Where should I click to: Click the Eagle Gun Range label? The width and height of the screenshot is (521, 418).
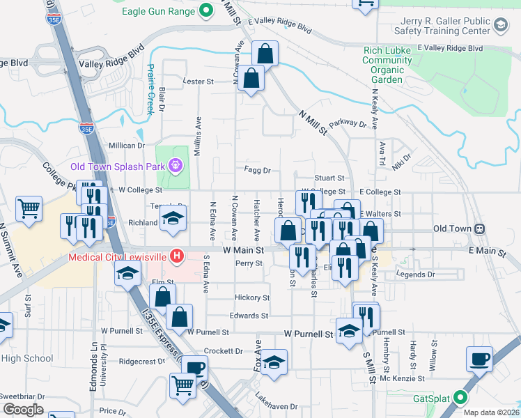point(159,11)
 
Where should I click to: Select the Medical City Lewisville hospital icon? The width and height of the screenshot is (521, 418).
point(177,256)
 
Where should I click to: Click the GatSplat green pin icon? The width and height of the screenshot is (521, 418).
point(460,398)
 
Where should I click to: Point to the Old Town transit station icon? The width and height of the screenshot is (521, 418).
point(479,229)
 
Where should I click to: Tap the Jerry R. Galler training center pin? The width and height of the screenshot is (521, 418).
point(499,25)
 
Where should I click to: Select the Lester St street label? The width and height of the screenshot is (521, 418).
point(197,82)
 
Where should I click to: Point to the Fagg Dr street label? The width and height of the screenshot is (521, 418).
point(257,170)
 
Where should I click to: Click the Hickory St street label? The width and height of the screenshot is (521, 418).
point(251,297)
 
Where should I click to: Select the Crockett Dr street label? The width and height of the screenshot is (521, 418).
point(224,351)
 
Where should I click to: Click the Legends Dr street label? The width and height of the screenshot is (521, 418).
point(415,274)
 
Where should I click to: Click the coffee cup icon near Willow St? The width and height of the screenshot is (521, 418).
point(479,359)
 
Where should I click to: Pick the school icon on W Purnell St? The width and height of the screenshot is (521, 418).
point(349,332)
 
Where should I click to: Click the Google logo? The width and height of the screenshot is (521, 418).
point(23,409)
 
